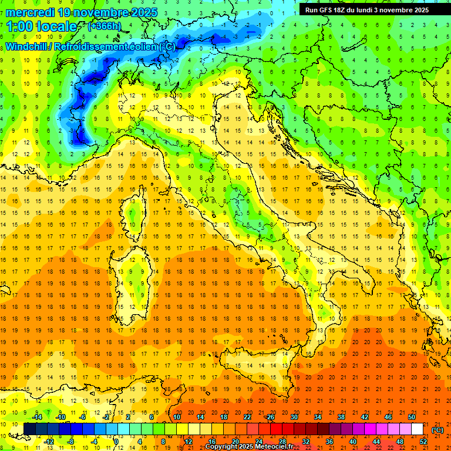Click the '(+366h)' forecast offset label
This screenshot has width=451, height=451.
coord(105,26)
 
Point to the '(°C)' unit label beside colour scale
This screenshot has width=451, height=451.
coord(437,430)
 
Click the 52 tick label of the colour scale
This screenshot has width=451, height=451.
coord(423,442)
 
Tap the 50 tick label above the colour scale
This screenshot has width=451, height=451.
coord(412,417)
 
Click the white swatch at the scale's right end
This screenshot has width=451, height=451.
coord(417,429)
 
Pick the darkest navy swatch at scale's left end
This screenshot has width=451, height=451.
coord(29,429)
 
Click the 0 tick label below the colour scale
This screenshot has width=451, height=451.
coord(116,442)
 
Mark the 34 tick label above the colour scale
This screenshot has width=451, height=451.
coord(318,417)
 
